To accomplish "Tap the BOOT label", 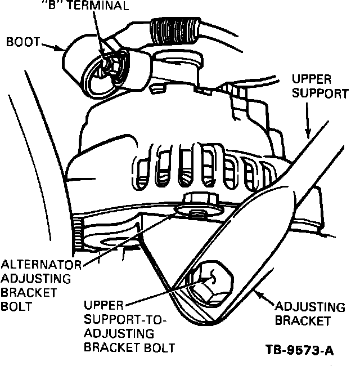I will (x=21, y=42).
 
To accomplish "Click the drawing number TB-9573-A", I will (x=299, y=350).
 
